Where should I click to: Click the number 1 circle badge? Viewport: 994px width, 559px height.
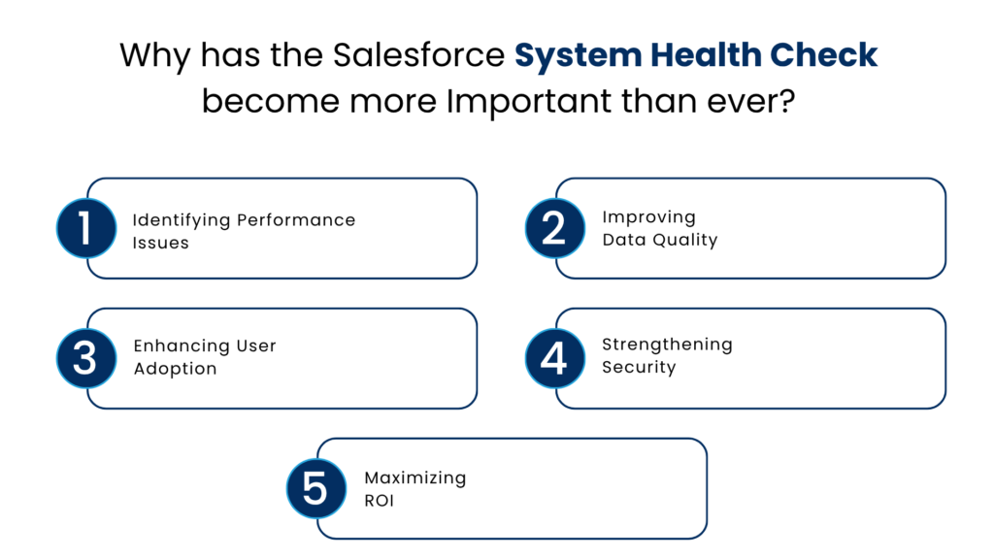(x=86, y=228)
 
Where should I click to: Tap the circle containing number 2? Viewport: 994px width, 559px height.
(x=554, y=228)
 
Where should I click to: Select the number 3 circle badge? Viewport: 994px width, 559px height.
(x=86, y=358)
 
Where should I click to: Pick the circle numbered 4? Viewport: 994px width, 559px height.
(x=554, y=358)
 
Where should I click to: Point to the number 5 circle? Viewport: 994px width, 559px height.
(x=316, y=488)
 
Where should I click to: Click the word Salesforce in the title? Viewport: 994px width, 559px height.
(x=419, y=55)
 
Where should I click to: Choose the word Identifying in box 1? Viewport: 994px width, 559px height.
(x=182, y=220)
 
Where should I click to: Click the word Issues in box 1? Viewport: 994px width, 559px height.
(x=160, y=243)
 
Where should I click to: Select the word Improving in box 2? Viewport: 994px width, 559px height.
(x=649, y=216)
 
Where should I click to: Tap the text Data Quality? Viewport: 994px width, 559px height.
(x=659, y=240)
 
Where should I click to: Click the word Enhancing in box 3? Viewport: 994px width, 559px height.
(x=180, y=345)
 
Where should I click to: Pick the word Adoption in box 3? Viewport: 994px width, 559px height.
(x=175, y=369)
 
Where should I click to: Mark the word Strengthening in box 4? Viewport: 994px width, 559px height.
(x=667, y=344)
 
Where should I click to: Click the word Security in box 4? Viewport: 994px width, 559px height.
(x=638, y=367)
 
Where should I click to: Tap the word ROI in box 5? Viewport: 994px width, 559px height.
(x=380, y=501)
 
